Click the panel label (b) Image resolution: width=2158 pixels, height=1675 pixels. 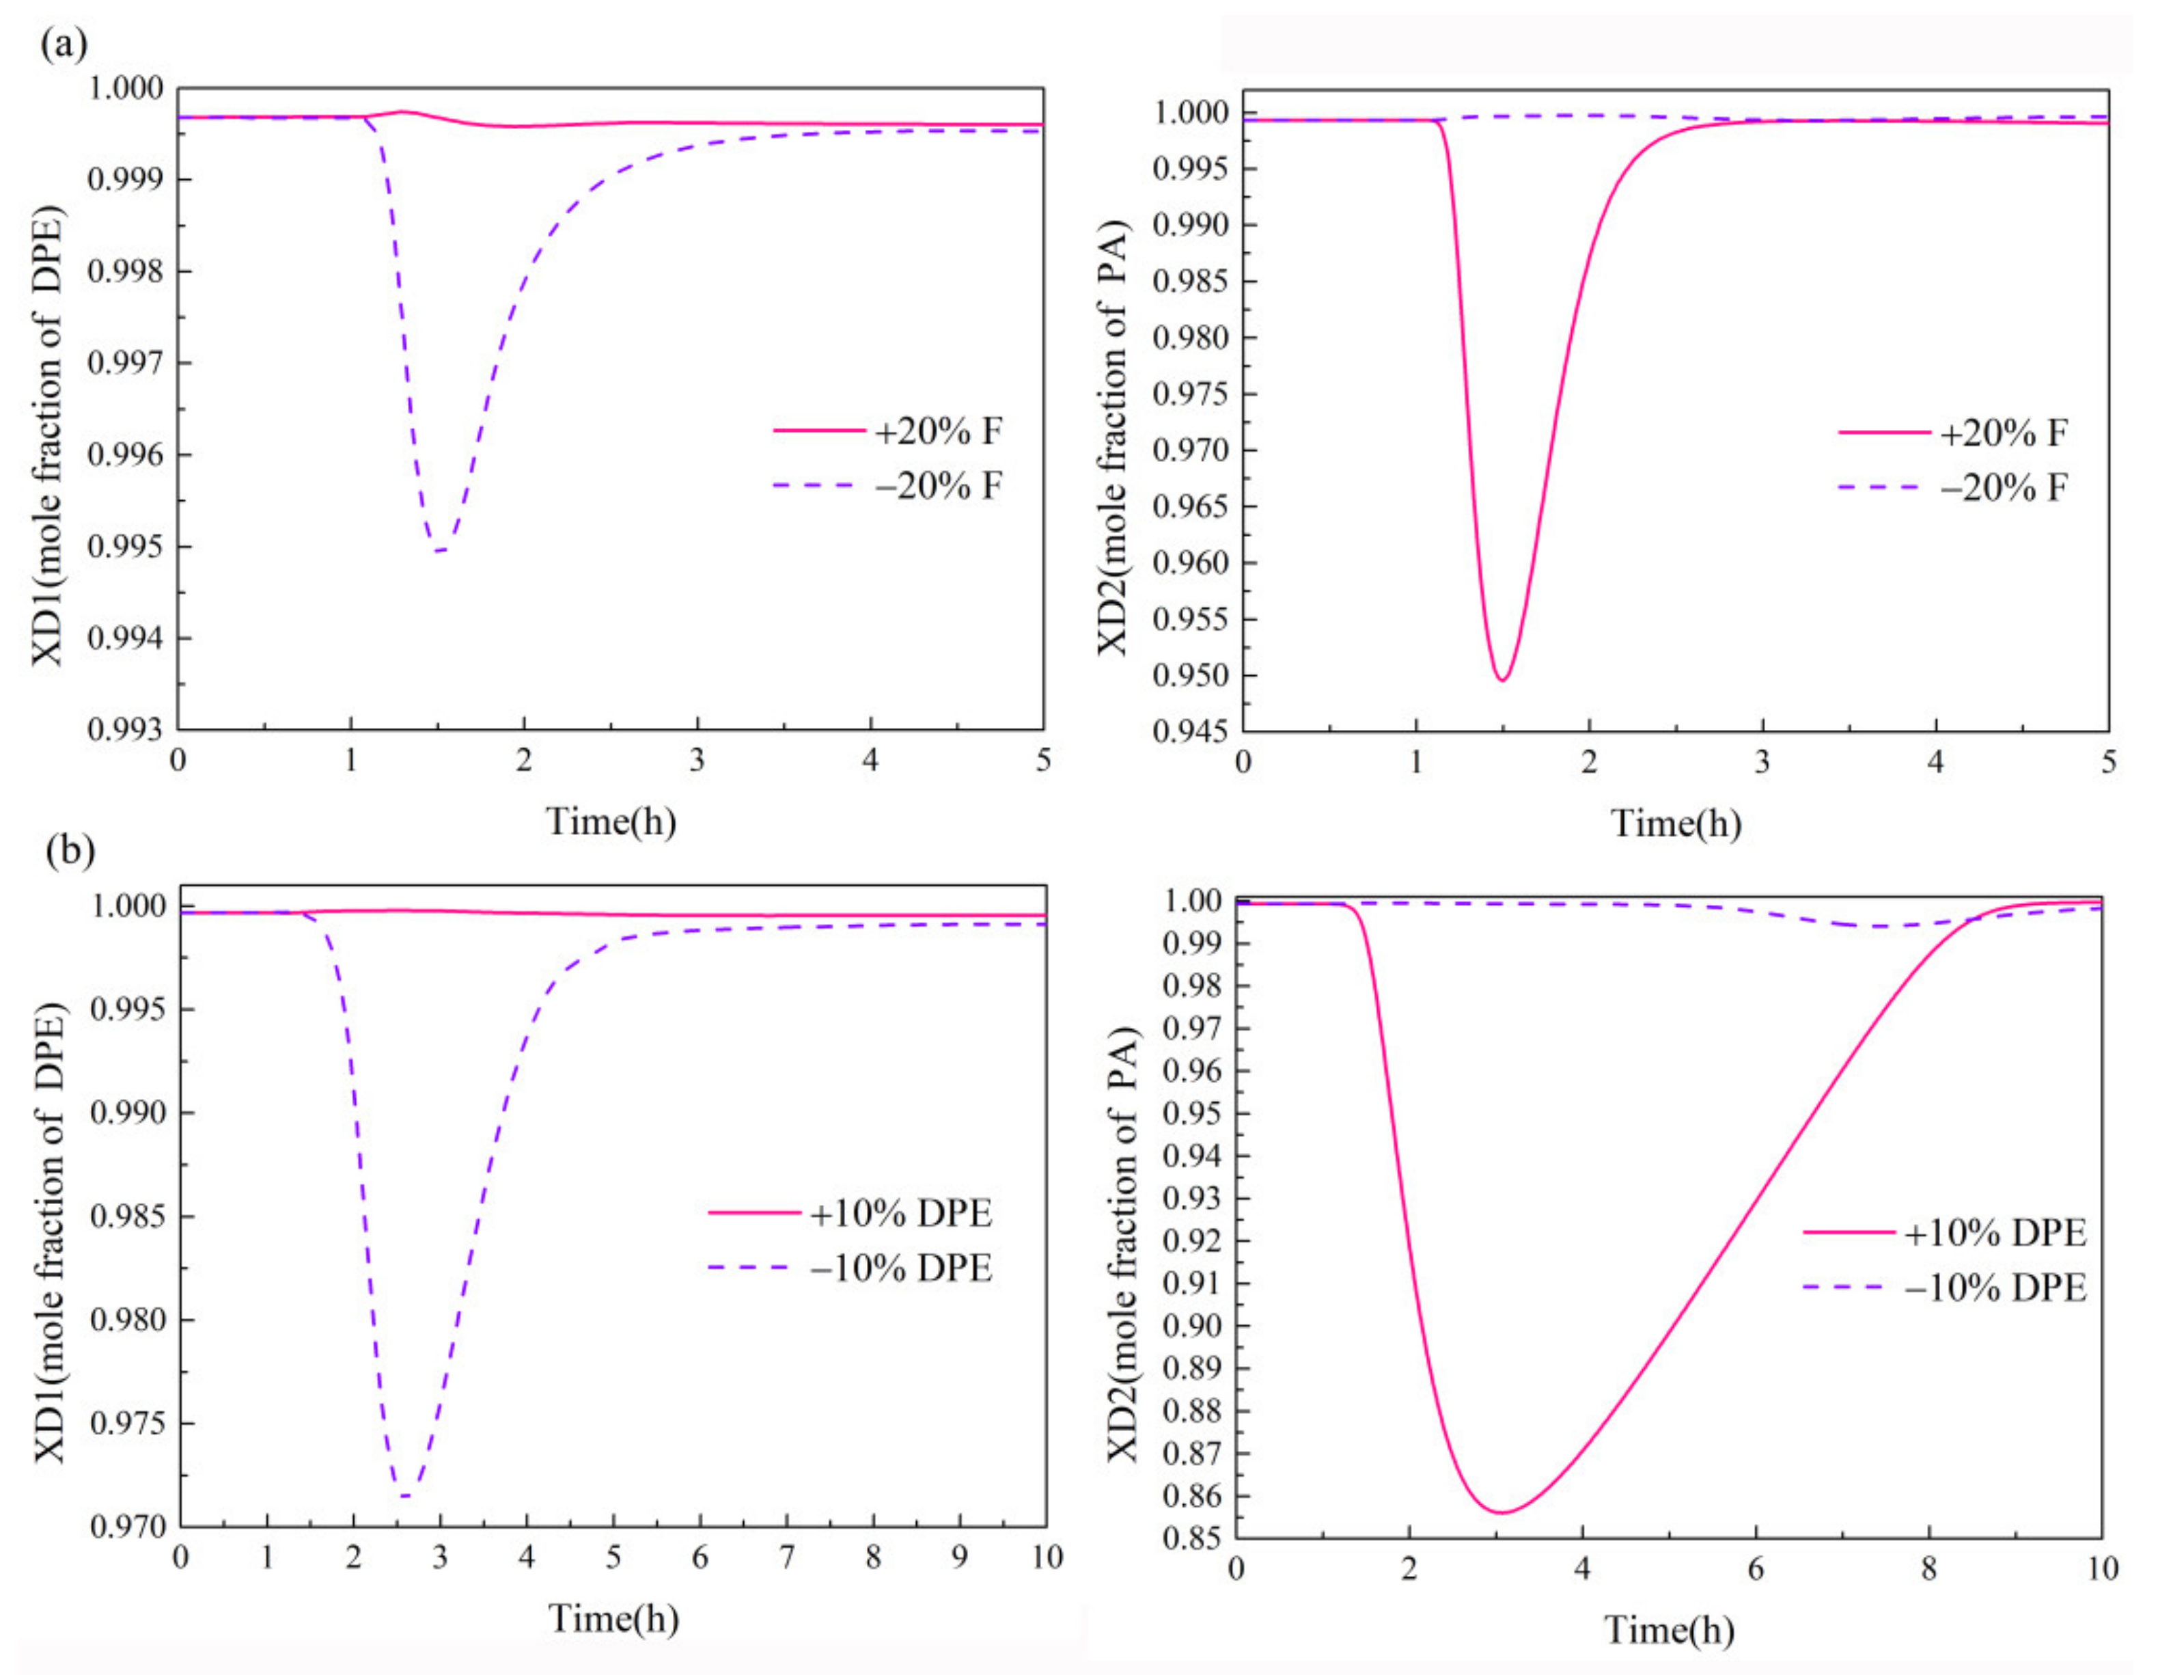click(69, 851)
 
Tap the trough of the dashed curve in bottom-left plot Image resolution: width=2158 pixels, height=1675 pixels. click(405, 1496)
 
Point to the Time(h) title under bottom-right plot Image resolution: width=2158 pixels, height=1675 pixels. click(1669, 1629)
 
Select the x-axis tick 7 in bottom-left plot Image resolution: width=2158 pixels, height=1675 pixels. click(786, 1557)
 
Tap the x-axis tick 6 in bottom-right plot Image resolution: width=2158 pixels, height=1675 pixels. click(1756, 1568)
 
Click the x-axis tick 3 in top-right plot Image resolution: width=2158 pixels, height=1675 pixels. click(1762, 761)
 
